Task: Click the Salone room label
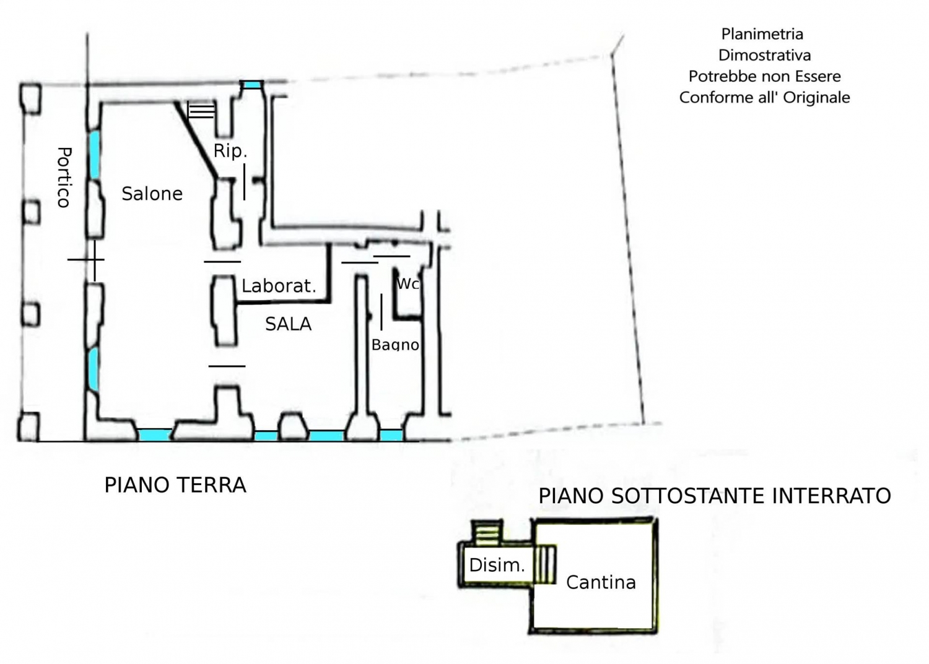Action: [152, 194]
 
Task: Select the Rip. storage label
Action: [230, 150]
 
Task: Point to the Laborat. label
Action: [279, 286]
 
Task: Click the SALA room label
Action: [288, 324]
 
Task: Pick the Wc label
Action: [408, 284]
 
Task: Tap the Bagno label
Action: [395, 345]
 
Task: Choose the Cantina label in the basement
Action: [601, 582]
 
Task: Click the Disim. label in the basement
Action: [497, 565]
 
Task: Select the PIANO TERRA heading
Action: [175, 485]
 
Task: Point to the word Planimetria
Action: [762, 34]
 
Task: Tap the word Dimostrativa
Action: [764, 55]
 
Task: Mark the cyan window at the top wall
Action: [252, 85]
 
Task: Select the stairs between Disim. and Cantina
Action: [544, 564]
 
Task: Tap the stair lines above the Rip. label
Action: [201, 110]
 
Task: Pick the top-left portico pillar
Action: [30, 98]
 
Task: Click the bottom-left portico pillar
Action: [28, 426]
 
